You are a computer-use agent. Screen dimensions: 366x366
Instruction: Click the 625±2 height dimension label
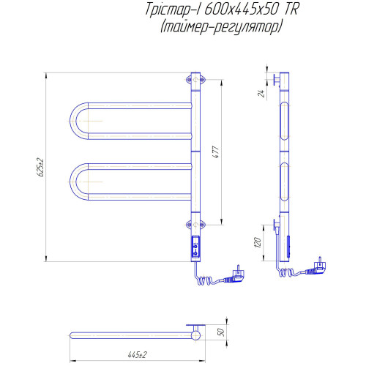coord(40,167)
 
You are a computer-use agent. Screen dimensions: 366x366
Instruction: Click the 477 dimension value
coord(217,152)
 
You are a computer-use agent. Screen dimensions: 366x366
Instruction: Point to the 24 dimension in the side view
coord(261,93)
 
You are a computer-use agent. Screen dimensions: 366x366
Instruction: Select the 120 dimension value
coord(258,242)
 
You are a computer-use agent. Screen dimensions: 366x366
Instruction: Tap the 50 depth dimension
coord(220,332)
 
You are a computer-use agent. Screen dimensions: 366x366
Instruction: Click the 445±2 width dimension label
coord(138,354)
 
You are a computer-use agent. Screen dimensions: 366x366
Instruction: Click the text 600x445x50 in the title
coord(241,10)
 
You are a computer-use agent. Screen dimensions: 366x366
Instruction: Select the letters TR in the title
coord(291,10)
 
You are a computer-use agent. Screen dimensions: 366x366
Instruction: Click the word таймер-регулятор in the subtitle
coord(222,27)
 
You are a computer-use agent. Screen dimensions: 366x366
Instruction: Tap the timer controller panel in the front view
coord(195,247)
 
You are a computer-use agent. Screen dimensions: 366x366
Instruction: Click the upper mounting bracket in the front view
coord(195,80)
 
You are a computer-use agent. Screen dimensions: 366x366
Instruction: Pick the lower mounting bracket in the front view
coord(195,225)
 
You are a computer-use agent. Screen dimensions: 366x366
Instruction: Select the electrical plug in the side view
coord(317,266)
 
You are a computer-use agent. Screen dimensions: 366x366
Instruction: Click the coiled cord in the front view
coord(206,280)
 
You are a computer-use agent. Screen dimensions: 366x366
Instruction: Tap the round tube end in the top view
coord(195,335)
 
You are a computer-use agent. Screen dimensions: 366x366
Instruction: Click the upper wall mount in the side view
coord(277,80)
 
